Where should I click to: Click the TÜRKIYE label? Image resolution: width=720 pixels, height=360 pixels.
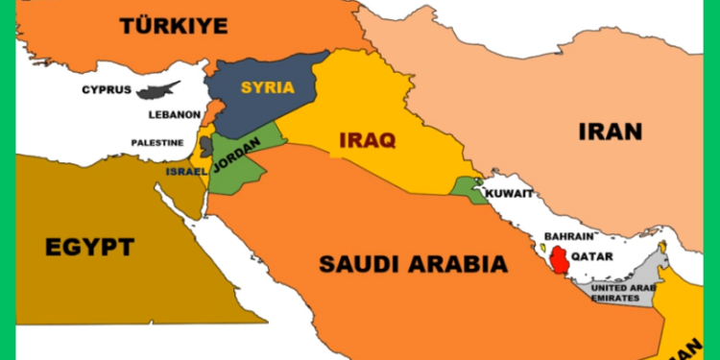(174, 26)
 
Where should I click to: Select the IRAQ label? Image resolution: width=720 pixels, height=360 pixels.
(367, 141)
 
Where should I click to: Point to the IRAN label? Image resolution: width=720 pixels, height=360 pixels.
(610, 132)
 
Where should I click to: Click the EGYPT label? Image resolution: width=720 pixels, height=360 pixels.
(89, 248)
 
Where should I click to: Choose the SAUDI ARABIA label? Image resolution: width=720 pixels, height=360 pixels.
(413, 262)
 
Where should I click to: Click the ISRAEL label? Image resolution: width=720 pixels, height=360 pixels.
(185, 171)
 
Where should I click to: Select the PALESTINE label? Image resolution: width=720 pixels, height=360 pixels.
(157, 143)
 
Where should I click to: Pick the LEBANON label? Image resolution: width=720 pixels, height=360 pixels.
(174, 114)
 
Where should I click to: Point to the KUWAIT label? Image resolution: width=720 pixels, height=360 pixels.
(509, 193)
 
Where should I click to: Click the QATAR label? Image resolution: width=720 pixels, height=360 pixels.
(592, 256)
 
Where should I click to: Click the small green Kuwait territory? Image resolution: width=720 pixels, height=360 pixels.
(468, 188)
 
